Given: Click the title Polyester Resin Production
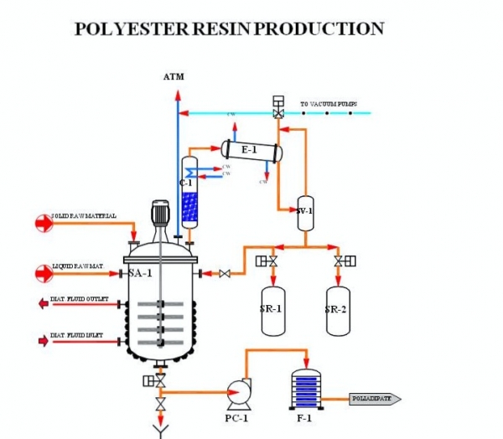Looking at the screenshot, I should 229,29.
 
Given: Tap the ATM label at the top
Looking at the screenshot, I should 174,77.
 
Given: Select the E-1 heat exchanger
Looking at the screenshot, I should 251,150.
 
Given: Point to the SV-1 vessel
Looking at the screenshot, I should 305,211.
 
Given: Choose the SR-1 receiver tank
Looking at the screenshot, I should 271,308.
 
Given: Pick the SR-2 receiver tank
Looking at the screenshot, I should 338,308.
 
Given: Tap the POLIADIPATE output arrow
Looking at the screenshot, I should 376,400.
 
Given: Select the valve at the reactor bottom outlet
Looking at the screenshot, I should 160,381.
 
